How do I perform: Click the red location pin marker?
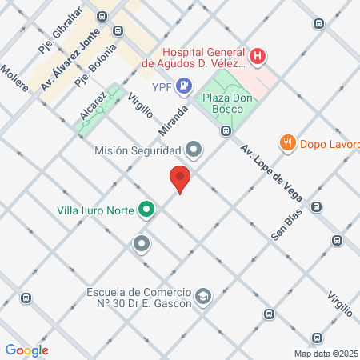click(180, 179)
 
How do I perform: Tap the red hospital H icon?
click(258, 56)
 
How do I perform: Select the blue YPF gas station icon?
click(184, 84)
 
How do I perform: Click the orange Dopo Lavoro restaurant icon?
click(287, 143)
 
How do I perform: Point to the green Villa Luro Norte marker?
click(146, 211)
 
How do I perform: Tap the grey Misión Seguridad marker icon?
click(193, 149)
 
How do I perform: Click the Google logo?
click(26, 350)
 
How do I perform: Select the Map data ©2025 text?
click(326, 354)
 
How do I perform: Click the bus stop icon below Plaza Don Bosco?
click(226, 130)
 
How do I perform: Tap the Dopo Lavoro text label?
click(329, 144)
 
